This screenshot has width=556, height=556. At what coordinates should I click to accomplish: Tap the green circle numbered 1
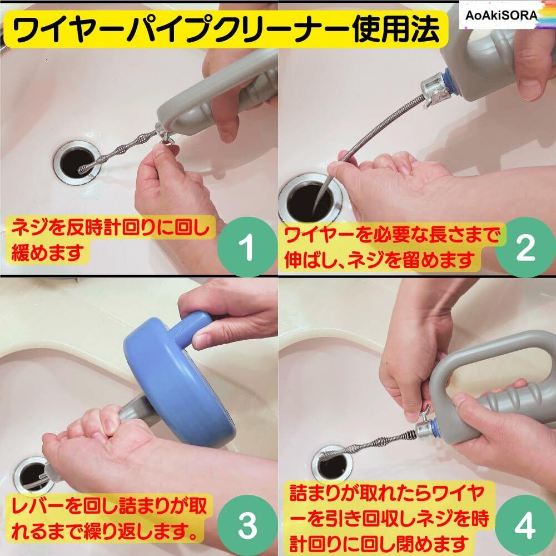click(247, 246)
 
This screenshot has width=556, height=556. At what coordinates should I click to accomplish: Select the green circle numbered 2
click(525, 247)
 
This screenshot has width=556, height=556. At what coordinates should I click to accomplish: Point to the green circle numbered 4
click(525, 525)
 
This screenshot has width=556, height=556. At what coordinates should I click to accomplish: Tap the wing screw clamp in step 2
click(434, 92)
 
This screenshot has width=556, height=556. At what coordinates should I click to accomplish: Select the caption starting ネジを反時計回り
click(110, 239)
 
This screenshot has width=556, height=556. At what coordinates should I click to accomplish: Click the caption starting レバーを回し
click(109, 518)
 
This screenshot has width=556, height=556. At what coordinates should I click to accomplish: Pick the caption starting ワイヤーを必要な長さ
click(392, 247)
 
